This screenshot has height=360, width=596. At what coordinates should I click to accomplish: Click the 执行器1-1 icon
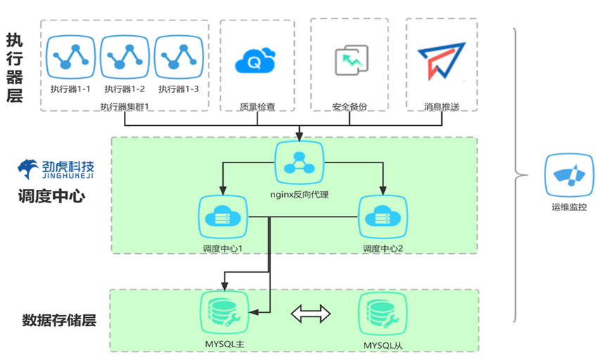click(x=70, y=58)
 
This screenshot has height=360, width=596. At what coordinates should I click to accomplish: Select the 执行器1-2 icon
click(x=125, y=58)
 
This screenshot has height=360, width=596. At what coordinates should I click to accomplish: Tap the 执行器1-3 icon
click(x=178, y=58)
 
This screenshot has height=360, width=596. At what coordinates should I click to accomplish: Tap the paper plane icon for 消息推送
click(x=441, y=60)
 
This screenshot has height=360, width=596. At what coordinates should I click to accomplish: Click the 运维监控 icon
click(x=569, y=176)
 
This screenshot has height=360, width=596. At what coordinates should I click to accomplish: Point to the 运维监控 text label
click(x=569, y=208)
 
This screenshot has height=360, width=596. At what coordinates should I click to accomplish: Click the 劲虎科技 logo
click(x=56, y=169)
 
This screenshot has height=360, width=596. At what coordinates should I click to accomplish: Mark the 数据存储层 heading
click(x=59, y=321)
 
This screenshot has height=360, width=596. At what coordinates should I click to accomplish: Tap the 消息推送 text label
click(x=441, y=107)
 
